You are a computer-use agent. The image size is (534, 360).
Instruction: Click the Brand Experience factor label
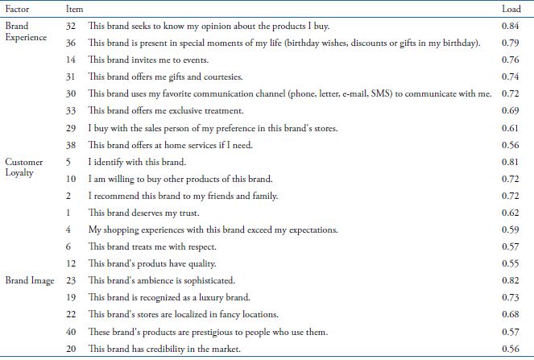[26, 31]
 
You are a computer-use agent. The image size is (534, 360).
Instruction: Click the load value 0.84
[509, 26]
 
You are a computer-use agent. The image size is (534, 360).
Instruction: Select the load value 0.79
[509, 43]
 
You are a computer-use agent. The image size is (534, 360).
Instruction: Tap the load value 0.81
[509, 162]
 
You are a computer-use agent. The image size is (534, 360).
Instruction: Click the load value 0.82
[509, 280]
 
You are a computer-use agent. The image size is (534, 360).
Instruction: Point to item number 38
[71, 145]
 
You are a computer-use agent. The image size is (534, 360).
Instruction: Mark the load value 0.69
[509, 110]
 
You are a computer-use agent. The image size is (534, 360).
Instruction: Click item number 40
[71, 331]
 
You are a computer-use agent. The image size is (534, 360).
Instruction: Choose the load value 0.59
[509, 230]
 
